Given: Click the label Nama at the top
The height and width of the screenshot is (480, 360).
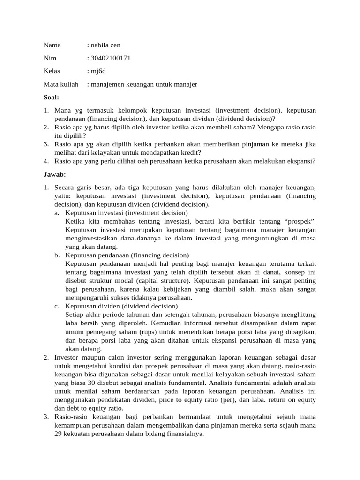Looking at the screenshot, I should click(52, 45).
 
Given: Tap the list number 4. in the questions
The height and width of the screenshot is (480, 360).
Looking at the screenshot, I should click(46, 161).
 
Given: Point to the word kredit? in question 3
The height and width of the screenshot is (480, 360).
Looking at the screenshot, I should click(192, 152).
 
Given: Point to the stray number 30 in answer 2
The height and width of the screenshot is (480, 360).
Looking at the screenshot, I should click(91, 382).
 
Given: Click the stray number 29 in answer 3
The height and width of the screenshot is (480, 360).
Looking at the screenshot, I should click(59, 434).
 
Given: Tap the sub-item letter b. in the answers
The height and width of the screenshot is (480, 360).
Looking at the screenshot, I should click(57, 255).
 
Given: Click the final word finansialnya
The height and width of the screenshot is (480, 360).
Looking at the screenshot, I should click(180, 434).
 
